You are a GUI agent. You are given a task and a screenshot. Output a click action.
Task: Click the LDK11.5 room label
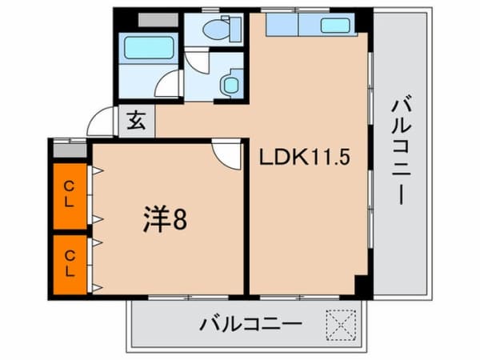tap(303, 158)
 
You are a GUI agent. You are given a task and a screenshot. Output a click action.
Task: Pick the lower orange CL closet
tap(70, 262)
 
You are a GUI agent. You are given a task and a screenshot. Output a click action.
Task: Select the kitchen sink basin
tap(335, 25)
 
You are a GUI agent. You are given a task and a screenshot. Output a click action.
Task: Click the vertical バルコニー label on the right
tap(402, 152)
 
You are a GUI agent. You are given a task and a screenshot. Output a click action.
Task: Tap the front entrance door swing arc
tap(102, 122)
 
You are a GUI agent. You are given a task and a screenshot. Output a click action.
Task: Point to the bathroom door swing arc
tap(167, 86)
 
